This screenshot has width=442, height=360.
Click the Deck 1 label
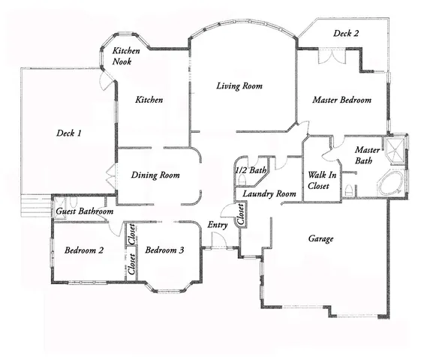(x=69, y=133)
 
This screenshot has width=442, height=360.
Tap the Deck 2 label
(x=346, y=33)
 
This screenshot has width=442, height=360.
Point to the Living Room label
(x=239, y=86)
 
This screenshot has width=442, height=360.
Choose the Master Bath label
(x=368, y=155)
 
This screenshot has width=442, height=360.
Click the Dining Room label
(x=155, y=175)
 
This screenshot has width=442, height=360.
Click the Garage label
(x=320, y=239)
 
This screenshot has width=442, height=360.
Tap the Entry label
(x=218, y=225)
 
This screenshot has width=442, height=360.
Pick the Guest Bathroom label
(x=85, y=212)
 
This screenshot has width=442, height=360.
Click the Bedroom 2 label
(x=83, y=250)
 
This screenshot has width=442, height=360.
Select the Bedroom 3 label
(x=164, y=250)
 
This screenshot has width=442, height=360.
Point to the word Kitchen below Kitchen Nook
(x=149, y=100)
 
